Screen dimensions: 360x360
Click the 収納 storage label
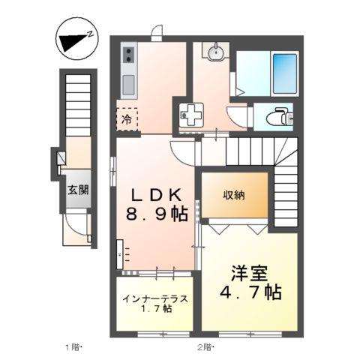pyautogui.click(x=232, y=194)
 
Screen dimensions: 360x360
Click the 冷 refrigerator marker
pyautogui.click(x=127, y=118)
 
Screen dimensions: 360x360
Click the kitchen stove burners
pyautogui.click(x=128, y=54)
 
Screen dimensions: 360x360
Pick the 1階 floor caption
pyautogui.click(x=73, y=347)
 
